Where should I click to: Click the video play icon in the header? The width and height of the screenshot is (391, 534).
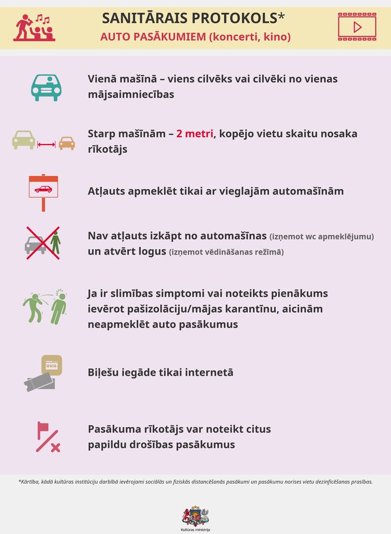[x=357, y=27]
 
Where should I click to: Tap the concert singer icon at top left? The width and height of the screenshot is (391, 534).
[x=34, y=28]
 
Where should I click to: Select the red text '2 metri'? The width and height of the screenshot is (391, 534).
[x=195, y=133]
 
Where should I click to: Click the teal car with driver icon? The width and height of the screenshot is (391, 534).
[x=46, y=87]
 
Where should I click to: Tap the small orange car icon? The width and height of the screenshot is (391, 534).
[x=66, y=143]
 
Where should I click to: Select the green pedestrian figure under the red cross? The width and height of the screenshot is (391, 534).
[x=56, y=243]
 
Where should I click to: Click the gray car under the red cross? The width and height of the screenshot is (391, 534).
[x=35, y=244]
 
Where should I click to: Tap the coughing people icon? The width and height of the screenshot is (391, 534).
[x=45, y=307]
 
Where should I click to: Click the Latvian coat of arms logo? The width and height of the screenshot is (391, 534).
[x=195, y=516]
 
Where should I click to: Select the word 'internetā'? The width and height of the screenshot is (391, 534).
[x=208, y=372]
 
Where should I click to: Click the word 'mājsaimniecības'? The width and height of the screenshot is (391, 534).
[x=131, y=95]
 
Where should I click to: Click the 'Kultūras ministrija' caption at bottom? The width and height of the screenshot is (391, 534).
[x=195, y=529]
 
